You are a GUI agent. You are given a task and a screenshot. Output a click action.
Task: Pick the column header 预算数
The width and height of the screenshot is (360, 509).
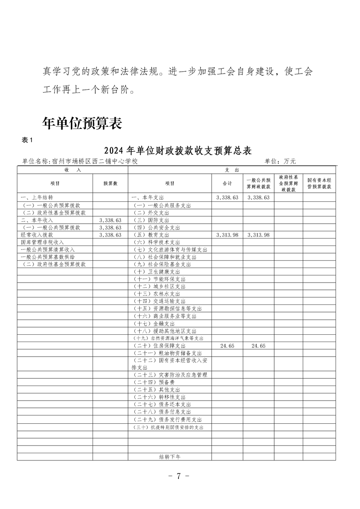[x=110, y=183]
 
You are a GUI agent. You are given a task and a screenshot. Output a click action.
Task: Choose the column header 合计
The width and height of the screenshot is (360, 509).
[x=227, y=183]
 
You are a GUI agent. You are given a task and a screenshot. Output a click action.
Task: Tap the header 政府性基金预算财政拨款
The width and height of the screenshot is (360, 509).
[x=288, y=183]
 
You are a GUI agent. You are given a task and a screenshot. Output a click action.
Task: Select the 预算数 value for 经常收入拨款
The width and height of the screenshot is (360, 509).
[x=110, y=235]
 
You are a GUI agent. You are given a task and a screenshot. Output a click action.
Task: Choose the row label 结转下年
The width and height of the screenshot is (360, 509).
[x=170, y=457]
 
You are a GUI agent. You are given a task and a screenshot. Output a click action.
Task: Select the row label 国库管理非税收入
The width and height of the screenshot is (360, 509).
[x=42, y=242]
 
